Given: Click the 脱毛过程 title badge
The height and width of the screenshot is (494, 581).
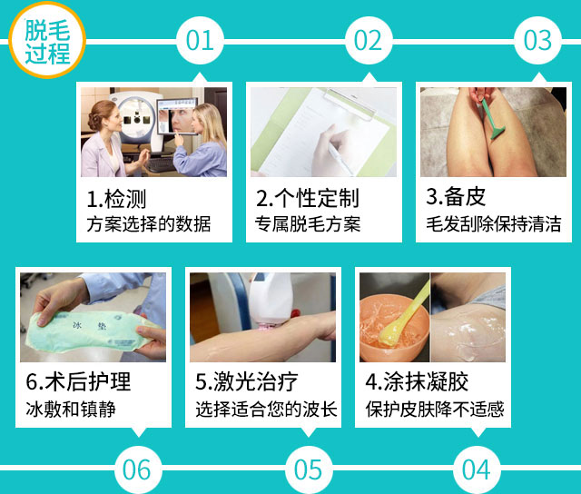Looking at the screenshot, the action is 47,40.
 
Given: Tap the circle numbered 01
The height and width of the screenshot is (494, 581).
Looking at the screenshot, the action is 200,40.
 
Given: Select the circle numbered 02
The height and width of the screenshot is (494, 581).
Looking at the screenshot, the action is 369,40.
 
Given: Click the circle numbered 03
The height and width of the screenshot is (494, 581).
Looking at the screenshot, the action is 537,40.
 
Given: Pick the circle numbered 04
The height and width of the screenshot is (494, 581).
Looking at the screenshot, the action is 477,469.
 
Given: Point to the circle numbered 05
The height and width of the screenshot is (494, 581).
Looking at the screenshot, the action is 309,469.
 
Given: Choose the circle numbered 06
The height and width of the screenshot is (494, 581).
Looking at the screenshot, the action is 137,469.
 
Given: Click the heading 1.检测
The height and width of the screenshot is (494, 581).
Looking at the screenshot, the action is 116,199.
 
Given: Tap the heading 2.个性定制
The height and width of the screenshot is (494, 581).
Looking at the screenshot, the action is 308,198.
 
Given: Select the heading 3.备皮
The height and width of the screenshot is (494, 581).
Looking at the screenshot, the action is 456,196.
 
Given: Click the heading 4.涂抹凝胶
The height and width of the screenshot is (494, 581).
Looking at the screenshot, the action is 417,381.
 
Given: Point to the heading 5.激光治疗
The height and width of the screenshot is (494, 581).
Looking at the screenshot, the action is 247,381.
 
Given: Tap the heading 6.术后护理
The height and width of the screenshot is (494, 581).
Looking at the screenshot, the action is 78,381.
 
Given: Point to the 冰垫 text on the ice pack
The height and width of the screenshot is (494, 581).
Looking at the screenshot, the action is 89,326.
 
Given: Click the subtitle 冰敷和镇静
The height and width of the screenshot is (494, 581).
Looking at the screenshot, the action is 71,410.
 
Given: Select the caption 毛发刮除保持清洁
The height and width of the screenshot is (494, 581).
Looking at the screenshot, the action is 494,223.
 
